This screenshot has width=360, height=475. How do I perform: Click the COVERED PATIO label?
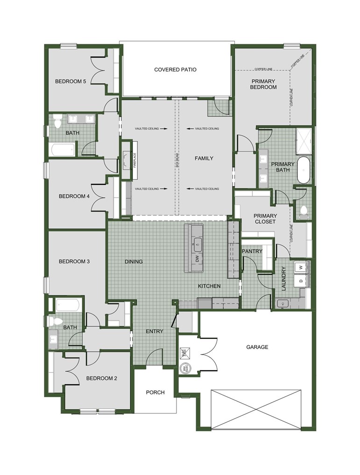pyautogui.click(x=175, y=70)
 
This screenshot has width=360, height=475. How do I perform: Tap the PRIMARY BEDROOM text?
pyautogui.click(x=263, y=84)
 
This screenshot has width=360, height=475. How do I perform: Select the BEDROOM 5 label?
pyautogui.click(x=71, y=81)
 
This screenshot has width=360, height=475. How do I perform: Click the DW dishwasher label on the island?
pyautogui.click(x=197, y=258)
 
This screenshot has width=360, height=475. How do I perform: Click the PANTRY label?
pyautogui.click(x=252, y=251)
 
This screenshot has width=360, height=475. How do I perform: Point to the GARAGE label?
pyautogui.click(x=257, y=347)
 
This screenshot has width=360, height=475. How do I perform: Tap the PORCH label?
pyautogui.click(x=155, y=392)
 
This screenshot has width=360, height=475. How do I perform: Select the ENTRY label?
pyautogui.click(x=155, y=331)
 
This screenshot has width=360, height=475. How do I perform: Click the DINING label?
pyautogui.click(x=134, y=262)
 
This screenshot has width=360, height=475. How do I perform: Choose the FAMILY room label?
pyautogui.click(x=204, y=158)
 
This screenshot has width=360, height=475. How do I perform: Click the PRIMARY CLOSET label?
pyautogui.click(x=265, y=219)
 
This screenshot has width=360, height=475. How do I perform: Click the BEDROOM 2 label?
pyautogui.click(x=102, y=378)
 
